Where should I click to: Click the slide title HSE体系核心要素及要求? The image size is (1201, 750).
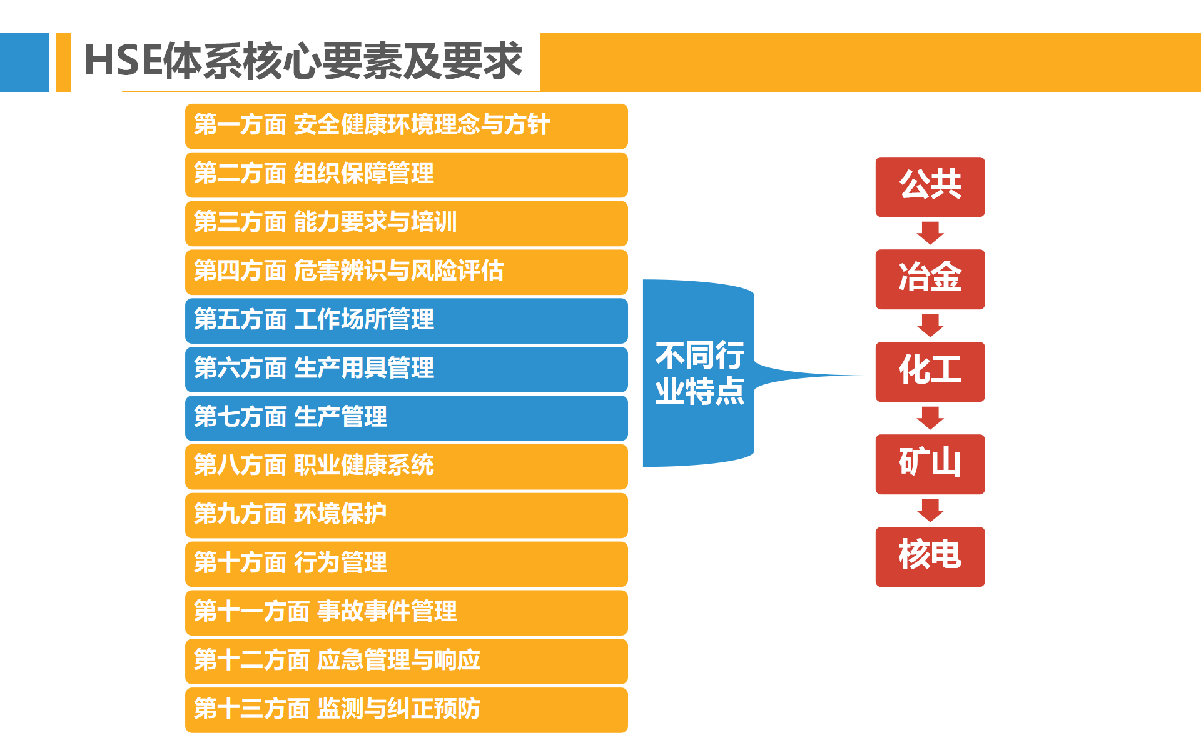click(303, 61)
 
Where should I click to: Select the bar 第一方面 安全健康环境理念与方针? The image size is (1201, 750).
click(407, 126)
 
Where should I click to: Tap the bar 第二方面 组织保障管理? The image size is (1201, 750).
click(407, 175)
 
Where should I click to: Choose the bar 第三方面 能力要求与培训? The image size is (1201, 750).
click(407, 223)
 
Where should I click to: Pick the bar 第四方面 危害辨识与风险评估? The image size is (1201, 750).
click(407, 272)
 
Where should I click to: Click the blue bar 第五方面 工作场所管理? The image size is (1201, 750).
click(407, 321)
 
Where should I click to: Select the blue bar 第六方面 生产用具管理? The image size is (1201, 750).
click(407, 369)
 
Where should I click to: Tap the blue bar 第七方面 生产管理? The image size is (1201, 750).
click(407, 418)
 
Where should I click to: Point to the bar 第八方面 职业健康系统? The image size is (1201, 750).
click(407, 467)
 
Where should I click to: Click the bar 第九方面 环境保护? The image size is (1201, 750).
click(407, 516)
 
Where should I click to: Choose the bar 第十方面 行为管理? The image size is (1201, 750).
click(407, 564)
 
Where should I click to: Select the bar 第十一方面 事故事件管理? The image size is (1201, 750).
click(407, 612)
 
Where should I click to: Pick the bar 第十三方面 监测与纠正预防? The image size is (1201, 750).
click(407, 710)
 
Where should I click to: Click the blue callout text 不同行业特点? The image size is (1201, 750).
click(699, 373)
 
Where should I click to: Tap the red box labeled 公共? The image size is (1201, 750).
click(930, 187)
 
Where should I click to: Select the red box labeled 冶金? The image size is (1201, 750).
click(930, 279)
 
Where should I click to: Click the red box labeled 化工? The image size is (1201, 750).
click(930, 372)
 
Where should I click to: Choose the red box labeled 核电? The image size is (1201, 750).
click(930, 557)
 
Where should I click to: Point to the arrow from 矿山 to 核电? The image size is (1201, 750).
click(930, 511)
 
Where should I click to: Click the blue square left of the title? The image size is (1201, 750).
click(24, 62)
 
